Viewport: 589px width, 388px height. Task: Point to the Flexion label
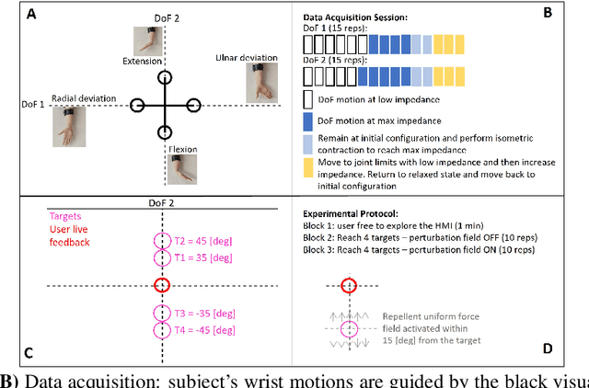[x=182, y=149]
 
